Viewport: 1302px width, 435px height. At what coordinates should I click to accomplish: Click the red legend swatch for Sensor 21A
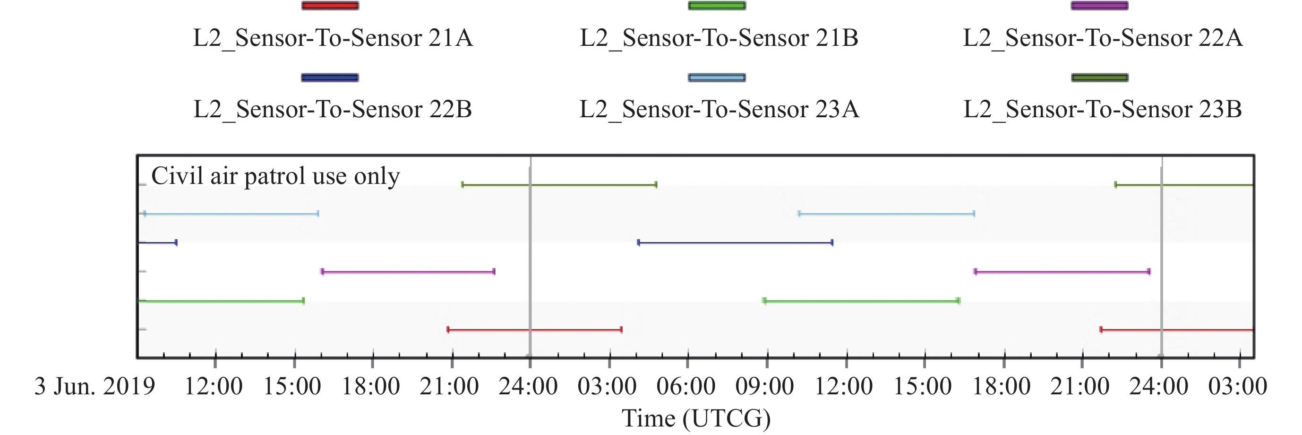coord(330,6)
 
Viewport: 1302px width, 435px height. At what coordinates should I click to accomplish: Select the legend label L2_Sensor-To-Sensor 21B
coord(719,38)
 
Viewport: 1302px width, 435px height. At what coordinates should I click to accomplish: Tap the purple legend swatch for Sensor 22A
coord(1099,6)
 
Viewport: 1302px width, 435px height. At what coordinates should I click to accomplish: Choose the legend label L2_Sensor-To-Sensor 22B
coord(333,109)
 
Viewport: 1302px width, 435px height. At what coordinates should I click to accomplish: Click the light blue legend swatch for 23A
coord(716,78)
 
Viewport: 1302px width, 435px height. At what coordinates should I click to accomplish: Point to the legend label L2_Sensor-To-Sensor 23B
coord(1102,109)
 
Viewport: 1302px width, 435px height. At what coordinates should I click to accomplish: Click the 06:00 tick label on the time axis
coord(686,386)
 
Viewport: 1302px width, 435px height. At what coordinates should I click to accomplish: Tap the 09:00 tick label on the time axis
coord(765,386)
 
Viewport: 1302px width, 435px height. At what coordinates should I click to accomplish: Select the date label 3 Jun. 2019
coord(94,386)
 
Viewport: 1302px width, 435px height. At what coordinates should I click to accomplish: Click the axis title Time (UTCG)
coord(696,419)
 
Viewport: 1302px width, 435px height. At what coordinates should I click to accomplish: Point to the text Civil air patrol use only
coord(275,176)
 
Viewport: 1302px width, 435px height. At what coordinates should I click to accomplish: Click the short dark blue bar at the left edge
coord(157,243)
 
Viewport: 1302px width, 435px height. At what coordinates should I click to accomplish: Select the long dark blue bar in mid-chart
coord(736,243)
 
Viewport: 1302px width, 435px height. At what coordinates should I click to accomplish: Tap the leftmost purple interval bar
coord(408,272)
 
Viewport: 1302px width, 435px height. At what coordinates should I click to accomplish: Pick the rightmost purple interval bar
coord(1062,272)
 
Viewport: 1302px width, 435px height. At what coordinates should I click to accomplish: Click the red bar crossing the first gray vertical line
coord(534,330)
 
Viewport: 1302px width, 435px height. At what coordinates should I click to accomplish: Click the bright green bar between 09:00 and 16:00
coord(861,302)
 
